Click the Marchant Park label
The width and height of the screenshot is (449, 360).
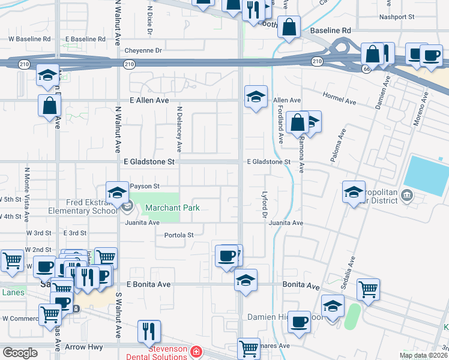pos(172,208)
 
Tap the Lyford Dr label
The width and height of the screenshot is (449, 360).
pos(264,204)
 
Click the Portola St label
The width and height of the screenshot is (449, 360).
pos(179,235)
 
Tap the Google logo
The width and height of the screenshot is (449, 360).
pos(20,353)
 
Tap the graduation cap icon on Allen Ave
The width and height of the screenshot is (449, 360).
pos(256,96)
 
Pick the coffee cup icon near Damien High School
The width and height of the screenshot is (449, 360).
pos(299,322)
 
